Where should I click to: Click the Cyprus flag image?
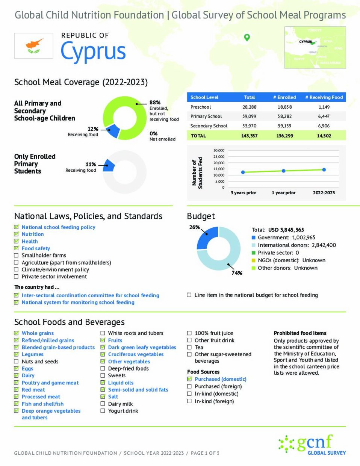(34, 46)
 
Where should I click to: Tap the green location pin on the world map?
(247, 37)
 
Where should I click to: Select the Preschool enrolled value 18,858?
(284, 107)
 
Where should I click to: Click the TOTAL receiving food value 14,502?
(324, 136)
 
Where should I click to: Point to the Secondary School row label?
(209, 126)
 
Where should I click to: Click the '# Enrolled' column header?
(284, 97)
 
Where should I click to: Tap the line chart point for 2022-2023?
(324, 170)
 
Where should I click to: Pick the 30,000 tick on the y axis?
(219, 150)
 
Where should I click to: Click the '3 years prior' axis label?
(243, 193)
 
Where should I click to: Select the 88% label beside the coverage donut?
(155, 103)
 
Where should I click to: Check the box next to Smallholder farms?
(17, 256)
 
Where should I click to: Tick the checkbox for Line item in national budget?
(189, 295)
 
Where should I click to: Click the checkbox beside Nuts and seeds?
(17, 362)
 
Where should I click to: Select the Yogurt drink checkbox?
(103, 411)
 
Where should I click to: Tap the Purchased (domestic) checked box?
(189, 379)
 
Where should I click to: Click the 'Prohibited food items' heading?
(300, 333)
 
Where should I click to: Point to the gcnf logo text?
(315, 443)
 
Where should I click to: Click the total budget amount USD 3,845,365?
(286, 230)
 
